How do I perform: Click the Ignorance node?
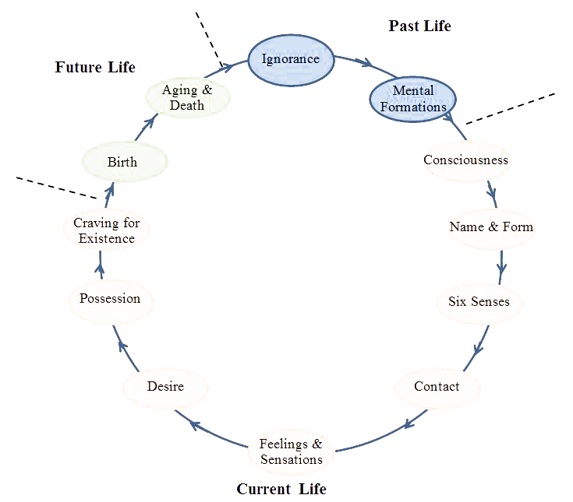290,59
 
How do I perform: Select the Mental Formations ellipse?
412,98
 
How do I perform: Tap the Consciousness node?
465,161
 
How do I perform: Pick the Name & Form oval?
491,227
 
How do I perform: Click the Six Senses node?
479,302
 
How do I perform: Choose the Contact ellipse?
437,387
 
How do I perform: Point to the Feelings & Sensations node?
291,451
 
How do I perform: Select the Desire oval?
165,387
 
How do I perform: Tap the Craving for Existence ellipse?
106,230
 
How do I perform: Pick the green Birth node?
122,163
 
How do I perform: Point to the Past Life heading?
419,26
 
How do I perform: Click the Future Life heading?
95,67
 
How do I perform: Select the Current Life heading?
281,490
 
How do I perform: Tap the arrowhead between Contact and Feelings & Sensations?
408,423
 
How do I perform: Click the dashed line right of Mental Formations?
511,108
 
